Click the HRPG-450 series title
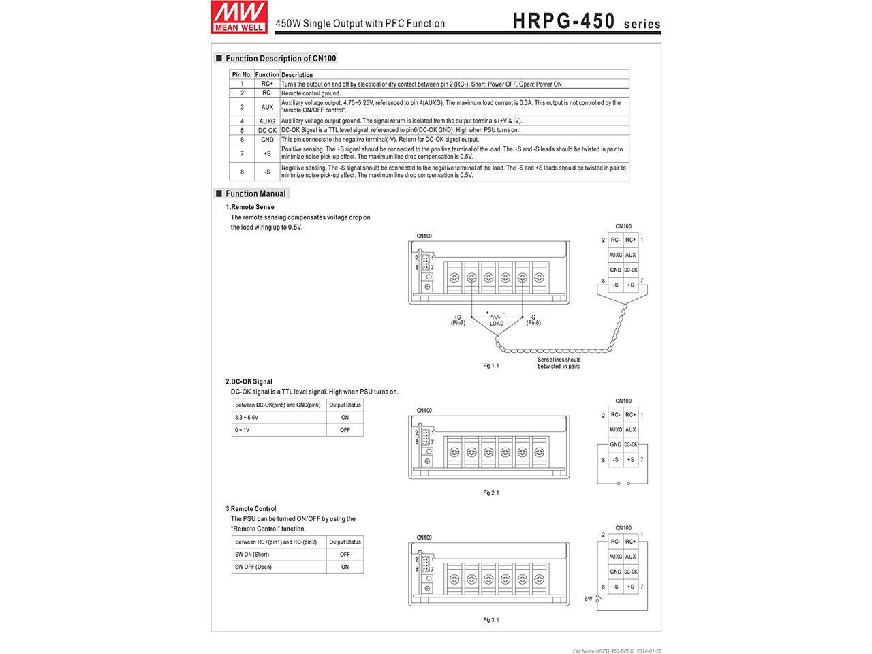click(x=586, y=21)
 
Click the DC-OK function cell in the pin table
click(x=267, y=130)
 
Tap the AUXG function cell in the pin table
click(x=267, y=121)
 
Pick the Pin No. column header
click(x=242, y=74)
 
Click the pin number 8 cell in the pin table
click(x=242, y=172)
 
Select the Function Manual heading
click(x=255, y=193)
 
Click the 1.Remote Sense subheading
click(x=250, y=207)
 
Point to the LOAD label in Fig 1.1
click(x=497, y=323)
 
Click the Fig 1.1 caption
click(x=491, y=366)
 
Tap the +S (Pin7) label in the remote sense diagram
click(x=458, y=320)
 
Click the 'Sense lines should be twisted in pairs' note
click(x=559, y=362)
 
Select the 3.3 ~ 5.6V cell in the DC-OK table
click(x=247, y=417)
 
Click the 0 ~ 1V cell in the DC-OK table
click(x=242, y=430)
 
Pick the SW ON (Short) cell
click(x=252, y=555)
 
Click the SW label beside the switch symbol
click(x=588, y=599)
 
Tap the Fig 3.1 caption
click(x=491, y=620)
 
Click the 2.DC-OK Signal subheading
click(x=249, y=381)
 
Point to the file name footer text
click(x=617, y=651)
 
